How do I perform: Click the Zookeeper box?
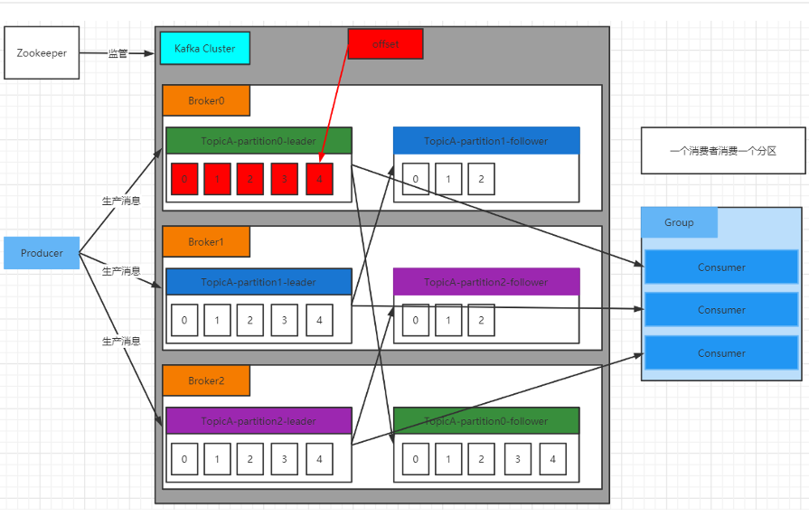click(42, 53)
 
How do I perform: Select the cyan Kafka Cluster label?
click(204, 48)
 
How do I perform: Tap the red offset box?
click(385, 43)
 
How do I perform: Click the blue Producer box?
click(42, 253)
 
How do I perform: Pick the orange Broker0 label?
click(206, 100)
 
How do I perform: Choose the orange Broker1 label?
click(206, 241)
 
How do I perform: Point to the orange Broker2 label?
click(206, 380)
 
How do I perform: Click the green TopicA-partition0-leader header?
click(259, 140)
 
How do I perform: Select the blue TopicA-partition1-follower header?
click(486, 140)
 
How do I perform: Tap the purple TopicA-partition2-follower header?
click(486, 282)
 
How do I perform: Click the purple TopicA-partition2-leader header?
click(259, 420)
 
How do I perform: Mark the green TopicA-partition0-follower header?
click(486, 420)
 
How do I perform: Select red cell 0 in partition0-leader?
click(184, 179)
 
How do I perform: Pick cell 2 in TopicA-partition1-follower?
click(481, 179)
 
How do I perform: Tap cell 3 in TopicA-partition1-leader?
click(285, 320)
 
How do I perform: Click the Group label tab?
click(679, 222)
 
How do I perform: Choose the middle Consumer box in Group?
click(721, 310)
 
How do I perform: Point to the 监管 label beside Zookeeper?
click(118, 53)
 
